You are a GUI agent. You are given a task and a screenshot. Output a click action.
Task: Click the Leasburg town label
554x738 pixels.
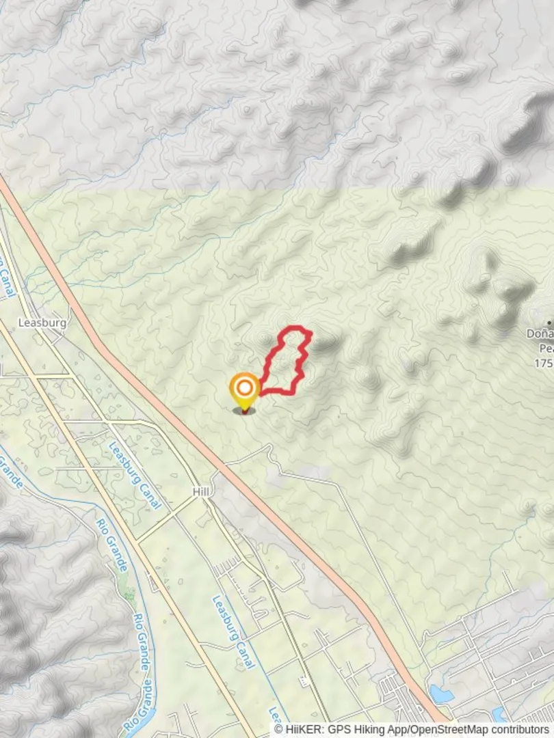coord(42,322)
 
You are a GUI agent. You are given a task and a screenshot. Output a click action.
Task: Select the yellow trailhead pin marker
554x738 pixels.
coord(244,389)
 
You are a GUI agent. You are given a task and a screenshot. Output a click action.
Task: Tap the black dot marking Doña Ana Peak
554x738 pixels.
coord(549,323)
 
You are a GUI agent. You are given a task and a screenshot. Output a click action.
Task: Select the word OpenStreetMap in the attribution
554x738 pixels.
coord(444,730)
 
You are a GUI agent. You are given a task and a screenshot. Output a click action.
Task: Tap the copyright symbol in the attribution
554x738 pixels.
coord(279,730)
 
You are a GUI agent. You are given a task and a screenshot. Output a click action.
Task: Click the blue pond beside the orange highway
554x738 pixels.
coord(442,694)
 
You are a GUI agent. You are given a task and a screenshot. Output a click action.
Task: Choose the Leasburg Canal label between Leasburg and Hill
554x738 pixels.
coord(135,475)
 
